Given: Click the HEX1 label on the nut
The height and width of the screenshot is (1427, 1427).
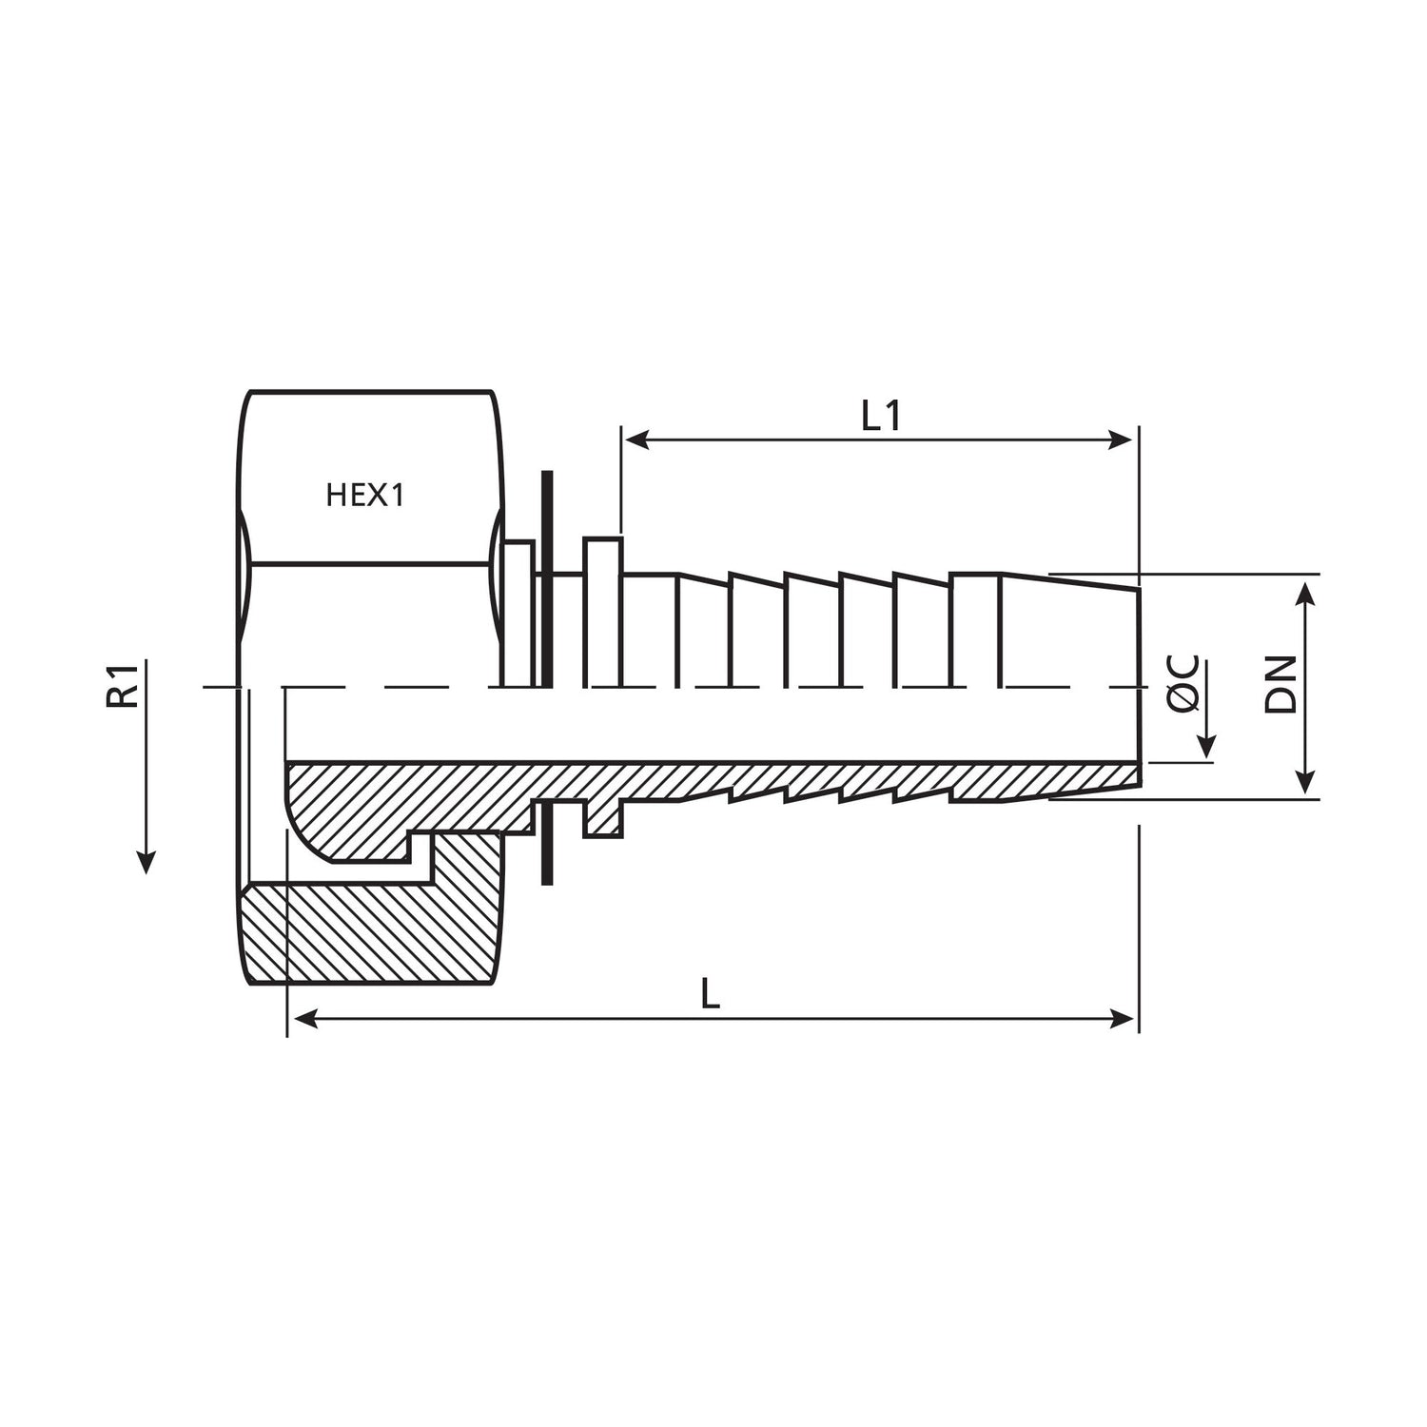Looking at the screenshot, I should [365, 496].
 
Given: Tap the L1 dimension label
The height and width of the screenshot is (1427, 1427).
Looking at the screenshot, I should [881, 417].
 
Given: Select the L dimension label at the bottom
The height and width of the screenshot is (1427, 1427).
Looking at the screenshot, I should [710, 995].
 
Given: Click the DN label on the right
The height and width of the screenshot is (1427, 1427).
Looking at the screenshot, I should [1280, 684].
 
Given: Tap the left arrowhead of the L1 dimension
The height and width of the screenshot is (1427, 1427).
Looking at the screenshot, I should [635, 440].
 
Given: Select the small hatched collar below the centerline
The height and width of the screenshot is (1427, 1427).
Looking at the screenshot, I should [603, 818].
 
